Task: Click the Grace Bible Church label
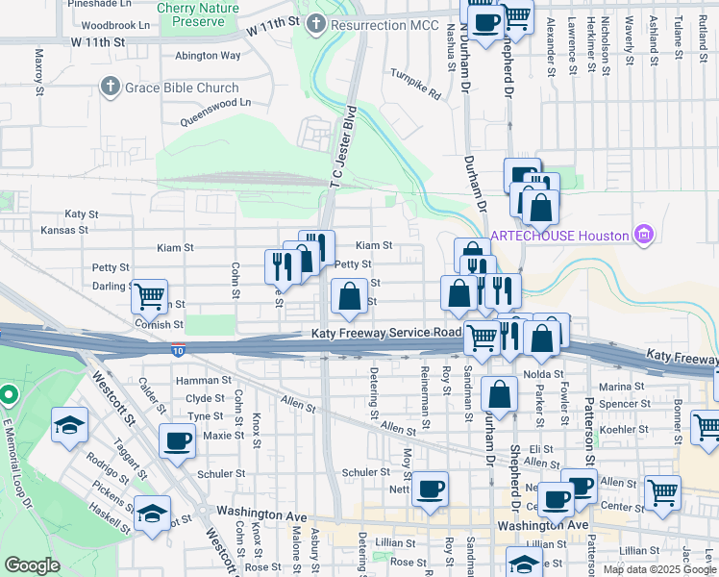180,88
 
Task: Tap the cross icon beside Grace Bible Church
110,88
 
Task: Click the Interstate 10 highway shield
179,353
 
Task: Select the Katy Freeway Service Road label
386,333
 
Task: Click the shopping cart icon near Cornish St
150,298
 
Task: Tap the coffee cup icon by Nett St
430,489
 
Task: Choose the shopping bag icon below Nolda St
500,393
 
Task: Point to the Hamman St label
199,381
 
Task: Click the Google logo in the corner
32,565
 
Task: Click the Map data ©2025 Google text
658,569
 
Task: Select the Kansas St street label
64,231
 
